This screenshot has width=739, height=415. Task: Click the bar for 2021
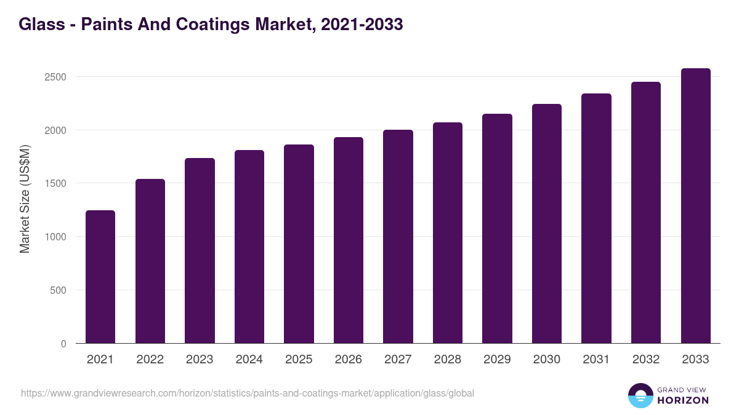(x=100, y=277)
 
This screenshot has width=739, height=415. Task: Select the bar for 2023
(x=200, y=251)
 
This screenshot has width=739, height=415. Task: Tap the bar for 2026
(x=349, y=240)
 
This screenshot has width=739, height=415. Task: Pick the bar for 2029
(x=497, y=229)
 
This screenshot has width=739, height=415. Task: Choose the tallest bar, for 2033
(x=695, y=206)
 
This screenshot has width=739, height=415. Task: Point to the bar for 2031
(x=596, y=218)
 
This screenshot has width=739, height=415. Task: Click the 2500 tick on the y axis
(x=55, y=77)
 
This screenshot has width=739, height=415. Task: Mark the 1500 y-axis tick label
(x=55, y=183)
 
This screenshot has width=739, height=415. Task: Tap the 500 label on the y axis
(x=58, y=290)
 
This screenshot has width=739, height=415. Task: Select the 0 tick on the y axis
(x=63, y=344)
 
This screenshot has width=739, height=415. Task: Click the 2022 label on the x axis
(x=150, y=360)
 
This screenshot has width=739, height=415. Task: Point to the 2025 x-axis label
(x=299, y=360)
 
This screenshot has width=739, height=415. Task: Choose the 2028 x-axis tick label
(x=447, y=360)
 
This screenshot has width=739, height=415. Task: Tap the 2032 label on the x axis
(x=646, y=360)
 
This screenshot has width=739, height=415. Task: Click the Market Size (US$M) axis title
(x=25, y=198)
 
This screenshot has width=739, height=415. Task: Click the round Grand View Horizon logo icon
(x=640, y=395)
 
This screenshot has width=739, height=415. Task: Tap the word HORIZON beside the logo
(x=683, y=400)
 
